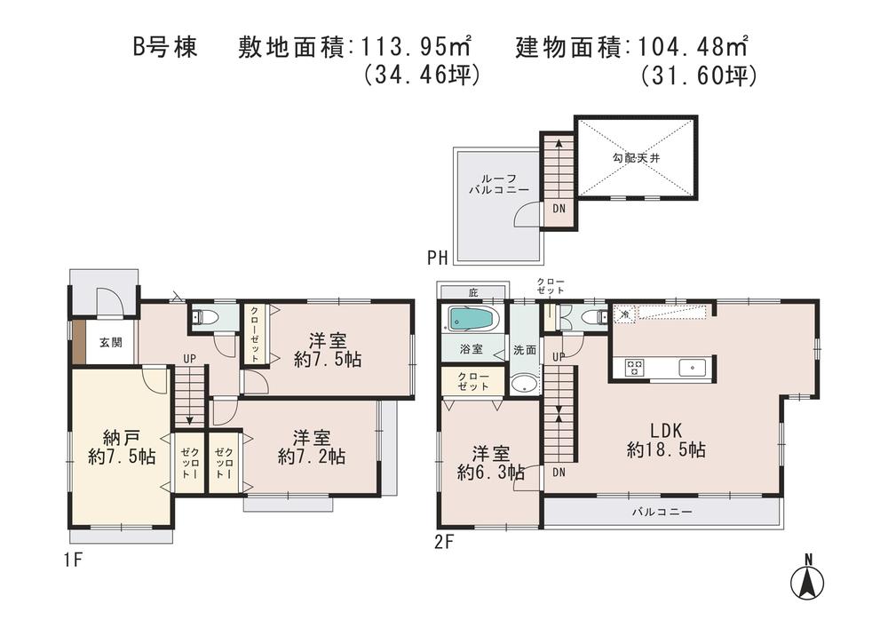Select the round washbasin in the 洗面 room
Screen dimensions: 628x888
(x=523, y=384)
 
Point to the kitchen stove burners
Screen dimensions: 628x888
(x=635, y=367)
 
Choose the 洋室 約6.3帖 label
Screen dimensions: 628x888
(x=490, y=462)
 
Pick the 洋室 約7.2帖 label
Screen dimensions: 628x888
(x=312, y=447)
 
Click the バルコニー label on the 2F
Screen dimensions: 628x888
(x=662, y=513)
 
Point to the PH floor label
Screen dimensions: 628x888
(x=437, y=258)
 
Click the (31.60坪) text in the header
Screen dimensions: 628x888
(x=698, y=76)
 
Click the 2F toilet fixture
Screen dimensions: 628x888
(x=590, y=316)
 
